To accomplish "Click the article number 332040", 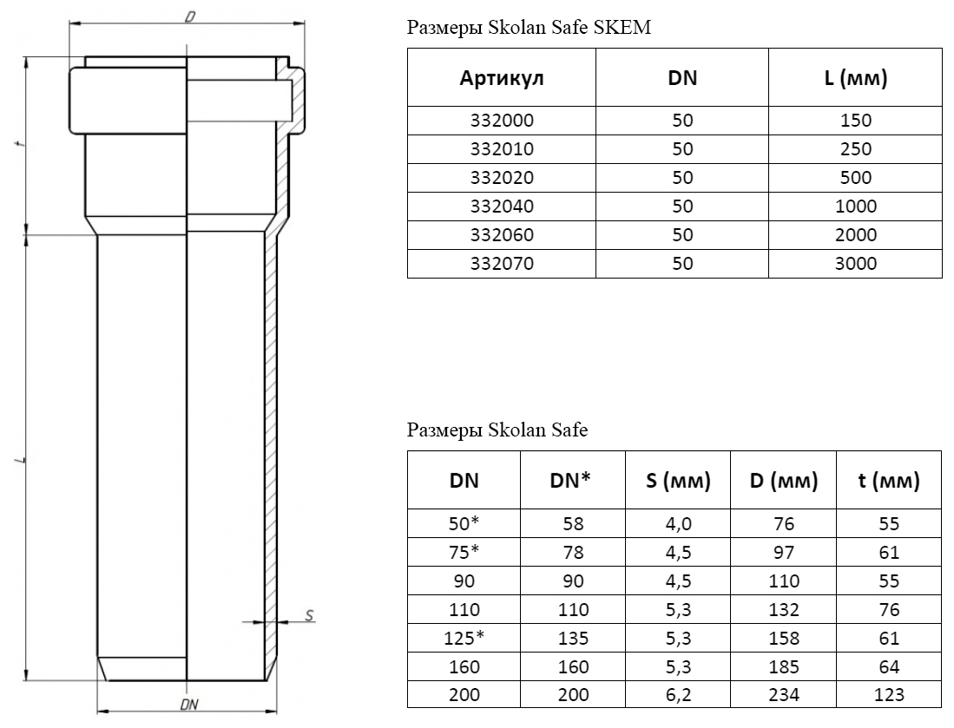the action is pyautogui.click(x=502, y=207).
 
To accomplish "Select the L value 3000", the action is pyautogui.click(x=855, y=263).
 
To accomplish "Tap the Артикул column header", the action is pyautogui.click(x=502, y=78).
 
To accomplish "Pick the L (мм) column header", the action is pyautogui.click(x=855, y=78).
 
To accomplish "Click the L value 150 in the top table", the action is pyautogui.click(x=855, y=121).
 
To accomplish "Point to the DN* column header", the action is pyautogui.click(x=570, y=481).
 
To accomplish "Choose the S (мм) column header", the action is pyautogui.click(x=678, y=481).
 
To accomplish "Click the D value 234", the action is pyautogui.click(x=784, y=694).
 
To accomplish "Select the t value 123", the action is pyautogui.click(x=889, y=694).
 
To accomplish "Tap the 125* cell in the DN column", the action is pyautogui.click(x=464, y=638).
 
